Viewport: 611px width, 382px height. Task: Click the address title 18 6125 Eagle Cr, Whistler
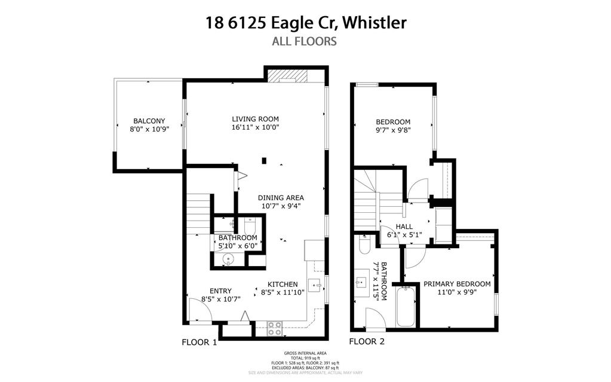pyautogui.click(x=305, y=23)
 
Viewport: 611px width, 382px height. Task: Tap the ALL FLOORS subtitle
pyautogui.click(x=305, y=41)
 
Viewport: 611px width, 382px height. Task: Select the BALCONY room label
pyautogui.click(x=149, y=120)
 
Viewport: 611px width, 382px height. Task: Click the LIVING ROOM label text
pyautogui.click(x=256, y=118)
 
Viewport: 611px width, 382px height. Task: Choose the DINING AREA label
pyautogui.click(x=281, y=198)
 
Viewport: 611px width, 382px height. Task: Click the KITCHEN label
pyautogui.click(x=283, y=284)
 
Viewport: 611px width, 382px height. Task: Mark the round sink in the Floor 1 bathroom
pyautogui.click(x=227, y=259)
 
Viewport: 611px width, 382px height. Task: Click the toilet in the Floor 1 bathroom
pyautogui.click(x=250, y=225)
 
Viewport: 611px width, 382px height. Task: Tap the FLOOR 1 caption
pyautogui.click(x=199, y=343)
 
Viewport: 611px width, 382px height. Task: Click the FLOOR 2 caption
pyautogui.click(x=367, y=342)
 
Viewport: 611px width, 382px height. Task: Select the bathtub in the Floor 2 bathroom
pyautogui.click(x=406, y=306)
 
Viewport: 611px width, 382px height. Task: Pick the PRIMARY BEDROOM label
pyautogui.click(x=457, y=284)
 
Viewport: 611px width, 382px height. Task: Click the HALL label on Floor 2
pyautogui.click(x=404, y=226)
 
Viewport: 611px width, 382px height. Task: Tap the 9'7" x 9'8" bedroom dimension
pyautogui.click(x=393, y=129)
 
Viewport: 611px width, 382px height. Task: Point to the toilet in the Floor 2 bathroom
pyautogui.click(x=365, y=246)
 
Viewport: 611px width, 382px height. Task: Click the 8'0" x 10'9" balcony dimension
pyautogui.click(x=149, y=129)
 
